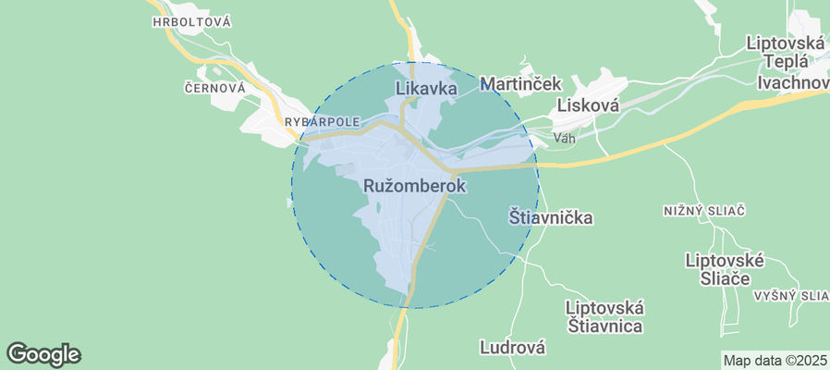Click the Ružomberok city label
[415, 186]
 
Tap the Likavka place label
[427, 89]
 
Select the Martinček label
[521, 84]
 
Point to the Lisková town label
[586, 106]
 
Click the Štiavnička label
[551, 218]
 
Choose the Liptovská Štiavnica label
[604, 316]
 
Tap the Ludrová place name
[512, 348]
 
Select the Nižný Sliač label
[704, 211]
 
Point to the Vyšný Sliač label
[790, 295]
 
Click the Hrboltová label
[192, 21]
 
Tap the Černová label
[214, 88]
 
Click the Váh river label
[565, 139]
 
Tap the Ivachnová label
[792, 83]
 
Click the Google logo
[43, 353]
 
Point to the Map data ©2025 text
[775, 361]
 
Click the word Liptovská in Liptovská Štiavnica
[604, 307]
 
